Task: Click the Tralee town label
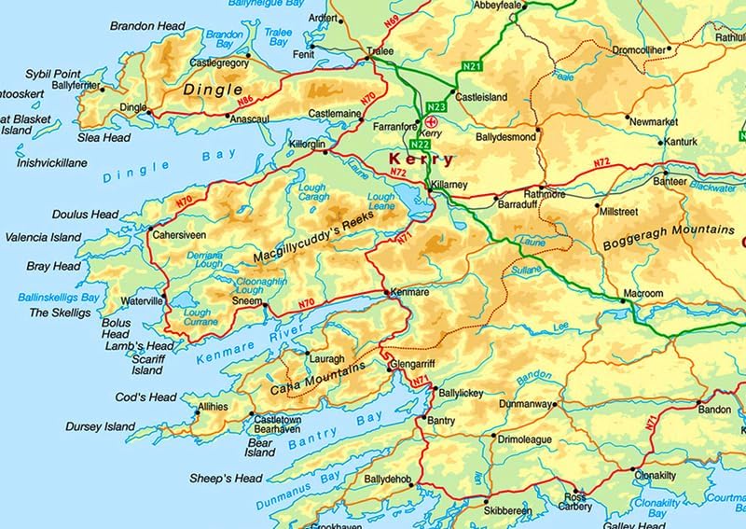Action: pyautogui.click(x=380, y=49)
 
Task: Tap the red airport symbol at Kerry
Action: pyautogui.click(x=431, y=120)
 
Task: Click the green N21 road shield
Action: pyautogui.click(x=473, y=66)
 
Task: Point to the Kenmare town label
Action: pyautogui.click(x=410, y=292)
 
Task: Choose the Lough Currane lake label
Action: pyautogui.click(x=199, y=318)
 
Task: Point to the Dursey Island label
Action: pyautogui.click(x=100, y=427)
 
